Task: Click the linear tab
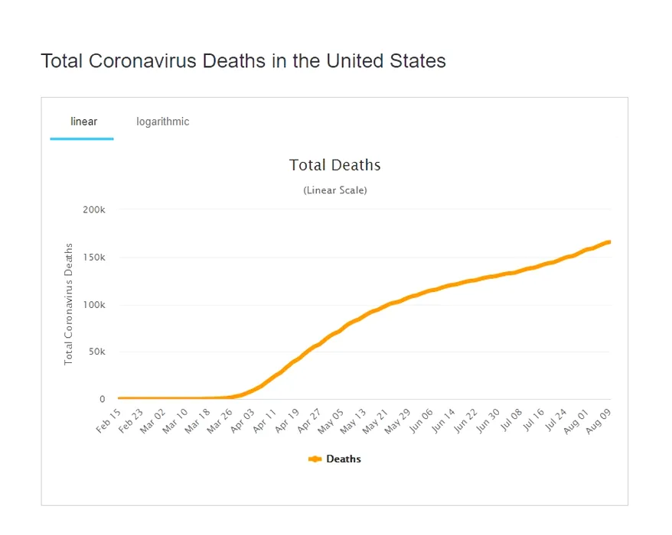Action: pos(83,122)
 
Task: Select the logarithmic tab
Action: pos(163,122)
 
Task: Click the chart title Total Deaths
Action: pos(335,165)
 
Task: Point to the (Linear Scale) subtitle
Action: pos(335,190)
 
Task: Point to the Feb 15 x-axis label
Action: pos(109,421)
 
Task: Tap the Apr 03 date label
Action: pos(244,421)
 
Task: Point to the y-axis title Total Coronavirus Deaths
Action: pos(69,304)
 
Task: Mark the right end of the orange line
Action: pos(609,242)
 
